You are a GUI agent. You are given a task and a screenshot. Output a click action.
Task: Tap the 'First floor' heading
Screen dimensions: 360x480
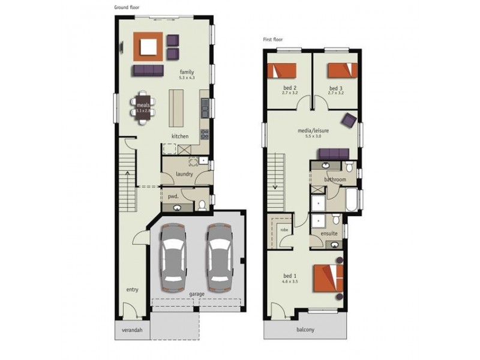click(x=273, y=40)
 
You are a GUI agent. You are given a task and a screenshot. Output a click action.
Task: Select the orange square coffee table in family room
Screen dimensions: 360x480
click(x=148, y=47)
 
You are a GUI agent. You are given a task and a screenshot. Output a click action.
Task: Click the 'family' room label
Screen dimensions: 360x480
click(x=186, y=72)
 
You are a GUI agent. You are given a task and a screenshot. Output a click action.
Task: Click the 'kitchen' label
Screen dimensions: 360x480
click(x=180, y=136)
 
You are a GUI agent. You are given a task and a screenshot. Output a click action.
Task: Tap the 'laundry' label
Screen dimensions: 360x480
click(x=184, y=174)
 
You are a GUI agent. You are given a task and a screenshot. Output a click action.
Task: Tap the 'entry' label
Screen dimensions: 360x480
click(x=132, y=289)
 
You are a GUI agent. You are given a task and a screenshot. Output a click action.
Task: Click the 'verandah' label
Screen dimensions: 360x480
click(x=132, y=329)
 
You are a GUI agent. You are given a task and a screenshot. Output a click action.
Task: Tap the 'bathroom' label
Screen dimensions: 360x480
click(x=335, y=179)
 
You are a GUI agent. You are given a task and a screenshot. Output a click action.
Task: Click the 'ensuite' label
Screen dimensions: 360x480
click(x=329, y=233)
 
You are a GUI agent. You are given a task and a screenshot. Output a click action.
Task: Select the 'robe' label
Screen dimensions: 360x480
click(x=284, y=229)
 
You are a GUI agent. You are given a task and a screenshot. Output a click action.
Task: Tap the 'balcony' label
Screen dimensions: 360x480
click(x=305, y=329)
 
